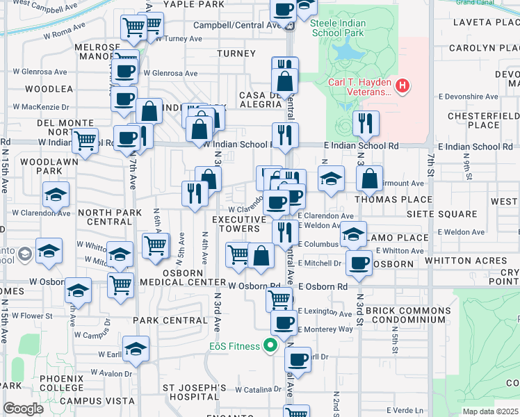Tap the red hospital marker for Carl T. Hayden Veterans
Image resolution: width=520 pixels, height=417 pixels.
pos(402,86)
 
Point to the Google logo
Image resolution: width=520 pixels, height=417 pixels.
pos(23,409)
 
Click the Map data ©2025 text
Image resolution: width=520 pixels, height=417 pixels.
pos(489,411)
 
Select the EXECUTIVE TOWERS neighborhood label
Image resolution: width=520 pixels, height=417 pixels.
pos(239,224)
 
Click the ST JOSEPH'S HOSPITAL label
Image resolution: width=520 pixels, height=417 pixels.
pos(195,393)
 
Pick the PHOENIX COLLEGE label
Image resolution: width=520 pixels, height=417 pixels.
pos(62,383)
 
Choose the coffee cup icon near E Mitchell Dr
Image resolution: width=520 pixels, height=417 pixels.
pos(359,263)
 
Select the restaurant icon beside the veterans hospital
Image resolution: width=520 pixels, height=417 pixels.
pos(366,124)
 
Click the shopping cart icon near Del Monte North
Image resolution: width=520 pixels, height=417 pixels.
pos(86,140)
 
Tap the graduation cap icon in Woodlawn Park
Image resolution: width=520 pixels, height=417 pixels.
pos(56,195)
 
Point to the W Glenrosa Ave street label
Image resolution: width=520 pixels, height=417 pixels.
pos(170,74)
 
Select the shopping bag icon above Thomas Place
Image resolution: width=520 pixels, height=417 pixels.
pos(370,179)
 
